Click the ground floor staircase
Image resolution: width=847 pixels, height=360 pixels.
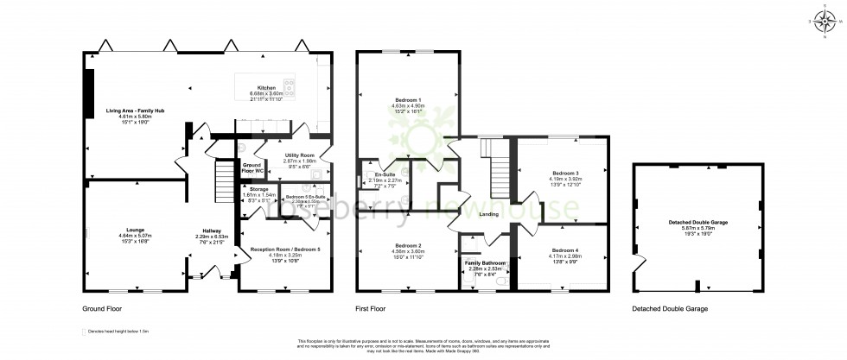[x=220, y=181]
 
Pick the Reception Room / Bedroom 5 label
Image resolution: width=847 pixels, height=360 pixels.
[x=274, y=249]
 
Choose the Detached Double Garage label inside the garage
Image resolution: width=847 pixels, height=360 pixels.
[x=697, y=223]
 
